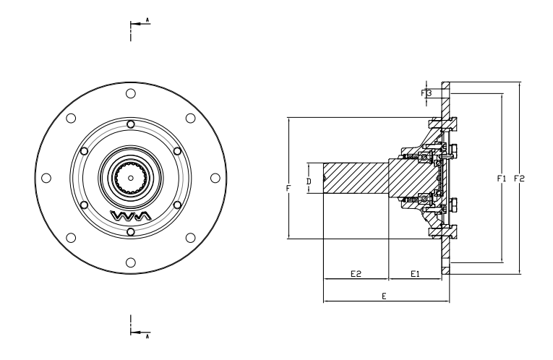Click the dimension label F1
tap(502, 178)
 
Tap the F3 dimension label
tap(426, 93)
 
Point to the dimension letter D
tap(308, 179)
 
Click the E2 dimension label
tap(356, 274)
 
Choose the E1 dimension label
tap(416, 274)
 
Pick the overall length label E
tap(384, 296)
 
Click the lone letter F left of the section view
tap(288, 188)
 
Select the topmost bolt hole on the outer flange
tap(130, 93)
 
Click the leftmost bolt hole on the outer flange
tap(46, 177)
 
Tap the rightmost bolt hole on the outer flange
tap(215, 177)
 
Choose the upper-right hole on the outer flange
tap(190, 118)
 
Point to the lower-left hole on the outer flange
tap(71, 237)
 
